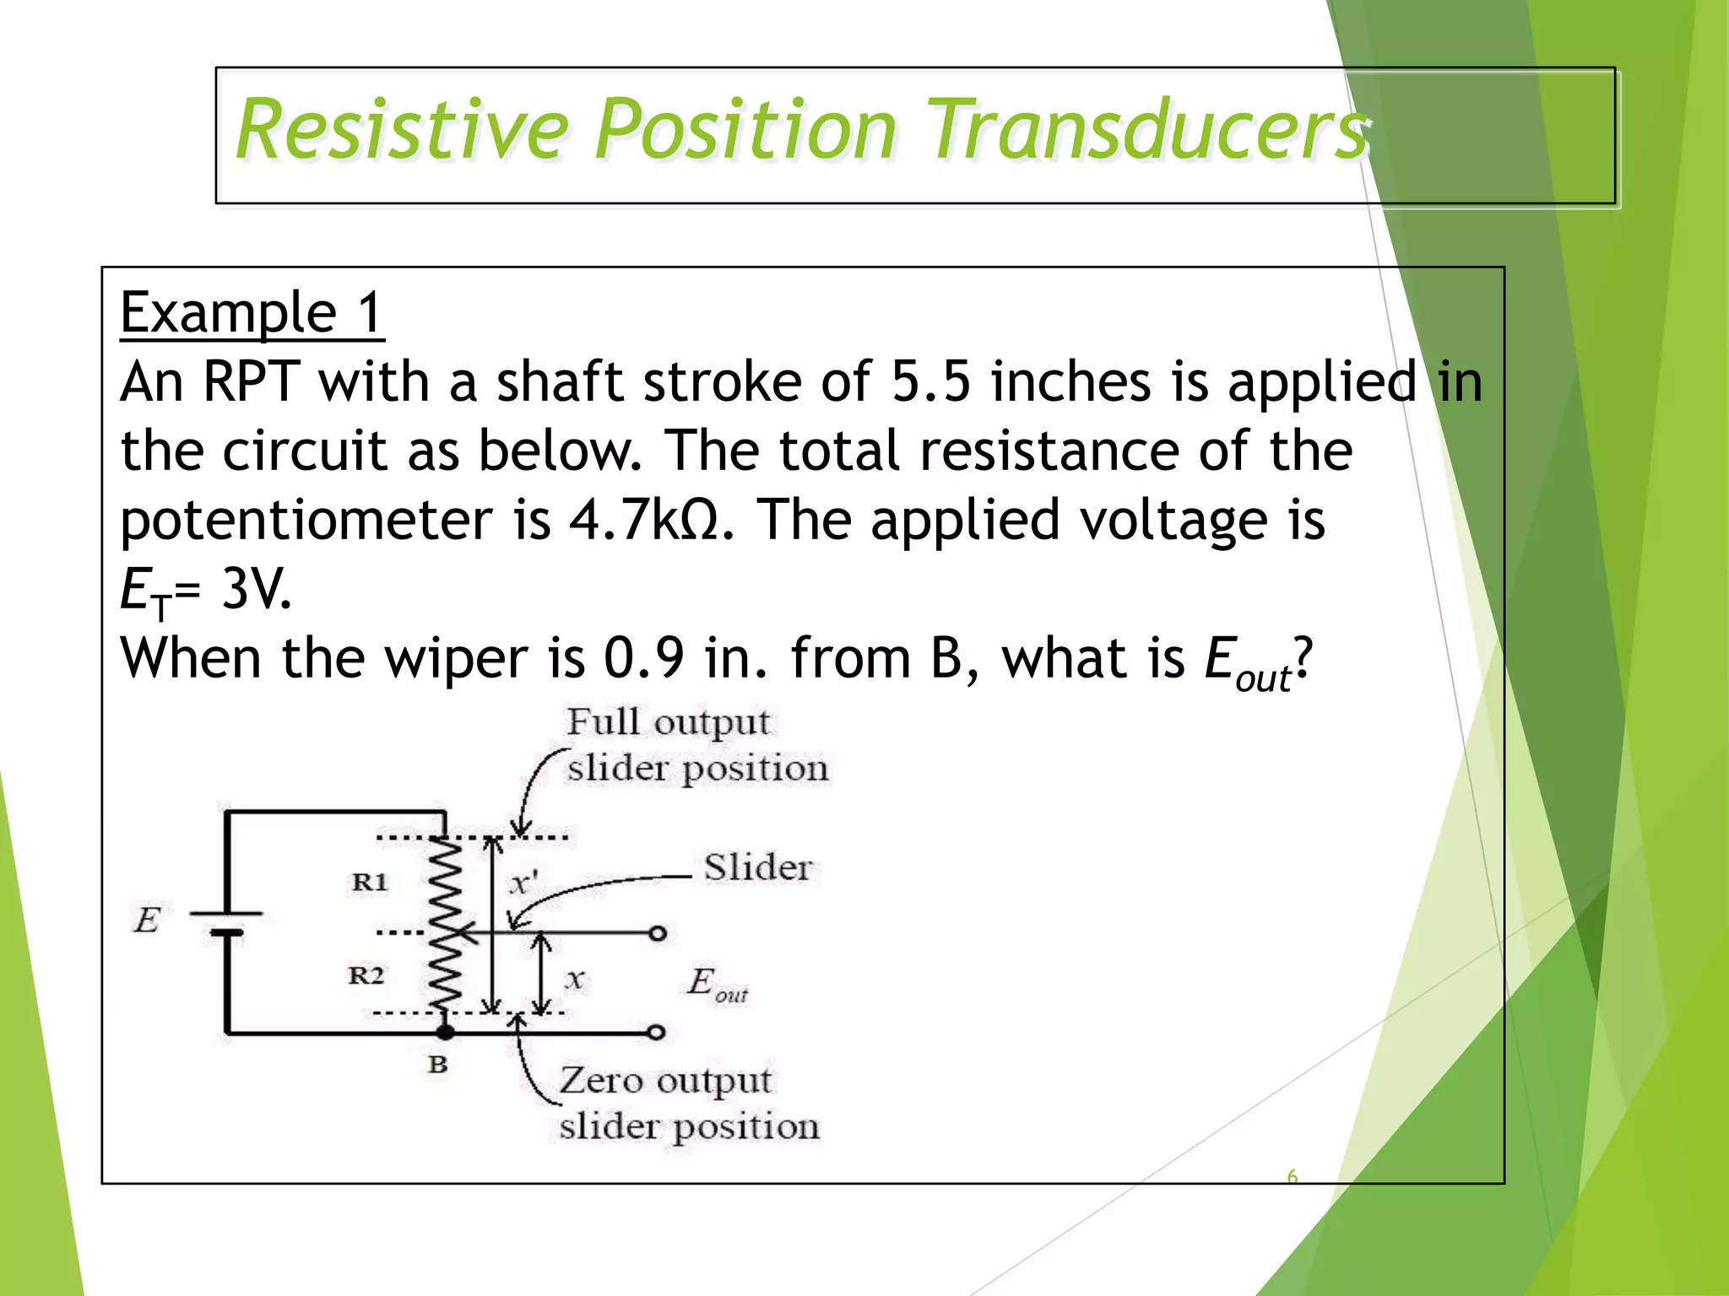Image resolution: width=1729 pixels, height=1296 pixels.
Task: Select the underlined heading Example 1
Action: coord(252,313)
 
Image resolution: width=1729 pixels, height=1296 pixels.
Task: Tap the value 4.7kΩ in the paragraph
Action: coord(642,520)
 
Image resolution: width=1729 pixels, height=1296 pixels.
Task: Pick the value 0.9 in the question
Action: coord(643,658)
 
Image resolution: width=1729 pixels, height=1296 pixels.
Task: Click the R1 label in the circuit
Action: coord(369,883)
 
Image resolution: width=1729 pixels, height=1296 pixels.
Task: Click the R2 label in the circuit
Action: coord(366,976)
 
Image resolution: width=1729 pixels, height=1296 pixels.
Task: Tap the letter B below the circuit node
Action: coord(436,1065)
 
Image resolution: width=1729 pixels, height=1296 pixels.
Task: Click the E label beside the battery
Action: coord(147,920)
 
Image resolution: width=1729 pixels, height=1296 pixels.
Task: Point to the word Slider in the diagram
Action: coord(757,868)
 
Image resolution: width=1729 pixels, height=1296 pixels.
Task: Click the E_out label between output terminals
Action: coord(716,984)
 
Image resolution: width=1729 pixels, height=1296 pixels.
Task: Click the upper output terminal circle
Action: coord(658,933)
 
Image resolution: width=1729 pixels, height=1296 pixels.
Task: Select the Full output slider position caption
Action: coord(696,745)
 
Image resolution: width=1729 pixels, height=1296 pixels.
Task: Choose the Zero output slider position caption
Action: coord(688,1103)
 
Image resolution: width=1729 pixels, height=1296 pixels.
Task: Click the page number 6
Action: coord(1292,1176)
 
